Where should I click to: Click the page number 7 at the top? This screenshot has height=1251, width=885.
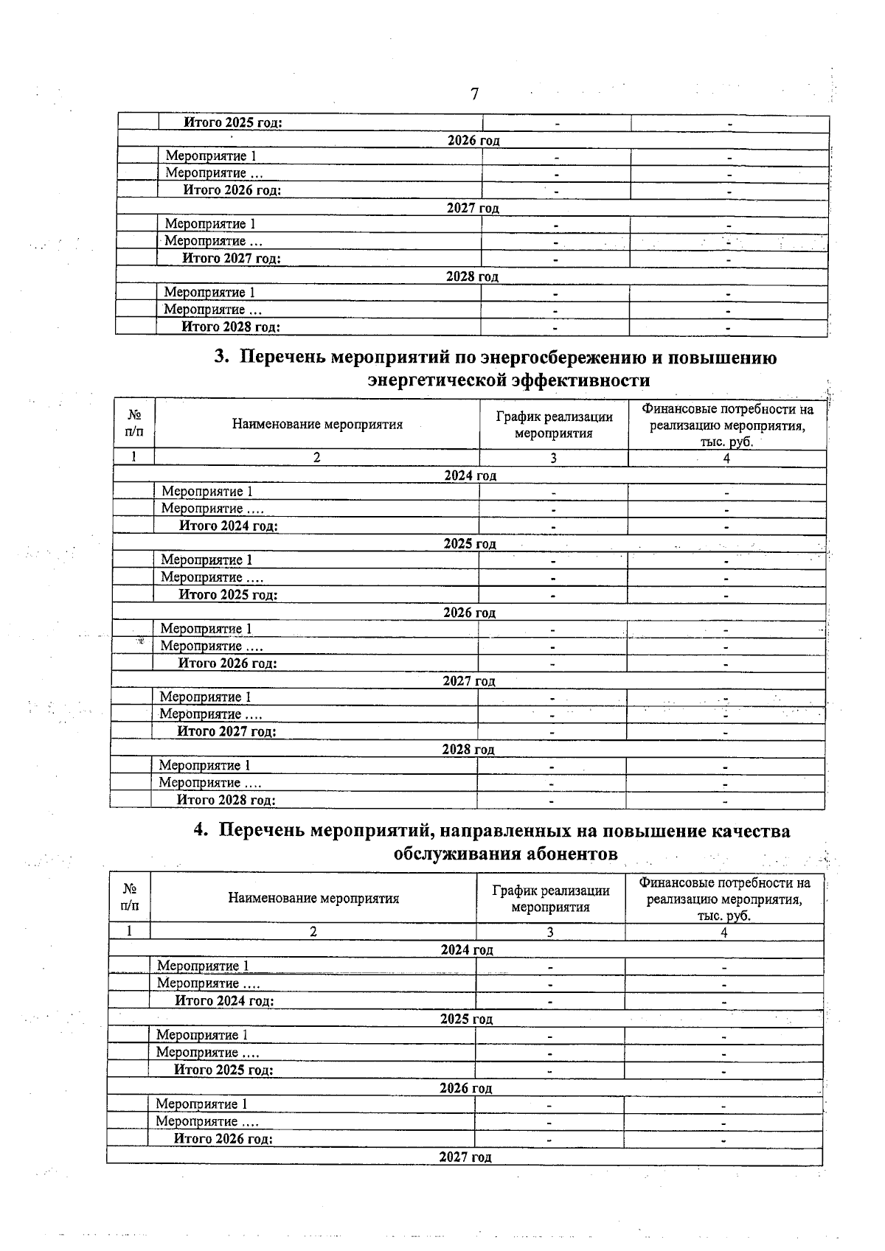point(474,94)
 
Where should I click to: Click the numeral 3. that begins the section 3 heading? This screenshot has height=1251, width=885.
point(222,358)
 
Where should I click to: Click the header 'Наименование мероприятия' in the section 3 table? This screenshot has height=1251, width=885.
point(317,424)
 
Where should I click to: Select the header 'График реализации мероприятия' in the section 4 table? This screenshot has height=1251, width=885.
point(550,899)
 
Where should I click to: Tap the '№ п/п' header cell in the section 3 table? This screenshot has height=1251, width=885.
point(134,424)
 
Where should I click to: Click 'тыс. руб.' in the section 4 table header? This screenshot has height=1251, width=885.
point(724,916)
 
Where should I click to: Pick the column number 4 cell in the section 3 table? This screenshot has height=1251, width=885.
point(726,458)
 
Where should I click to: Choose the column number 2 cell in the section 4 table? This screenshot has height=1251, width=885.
point(313,932)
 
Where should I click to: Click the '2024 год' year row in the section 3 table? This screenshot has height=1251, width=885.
point(470,475)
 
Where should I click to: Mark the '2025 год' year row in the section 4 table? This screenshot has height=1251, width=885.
point(466,1019)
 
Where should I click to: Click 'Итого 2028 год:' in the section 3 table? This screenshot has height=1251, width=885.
point(226,800)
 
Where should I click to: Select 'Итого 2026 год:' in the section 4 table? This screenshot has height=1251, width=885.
point(223,1138)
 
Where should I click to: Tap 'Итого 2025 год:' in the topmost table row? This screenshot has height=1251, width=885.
point(232,123)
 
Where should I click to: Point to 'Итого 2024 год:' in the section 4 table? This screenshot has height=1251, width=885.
point(224,1000)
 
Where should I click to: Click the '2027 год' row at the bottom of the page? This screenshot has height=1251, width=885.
point(465,1157)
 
